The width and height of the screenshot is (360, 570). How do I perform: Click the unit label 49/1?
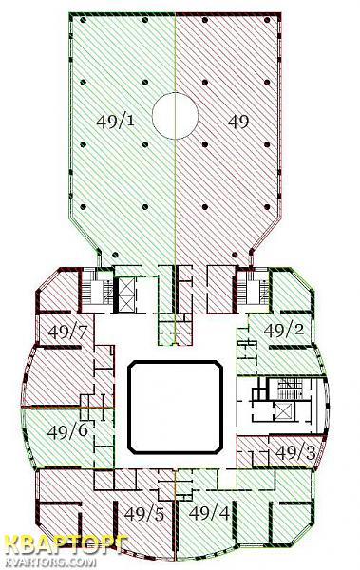pos(115,121)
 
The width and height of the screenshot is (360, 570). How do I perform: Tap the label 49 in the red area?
pos(238,122)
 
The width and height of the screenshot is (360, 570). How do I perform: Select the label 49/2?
pos(284,330)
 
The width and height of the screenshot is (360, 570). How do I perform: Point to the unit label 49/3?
pos(295,452)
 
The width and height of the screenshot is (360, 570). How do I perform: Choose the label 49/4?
pos(210,513)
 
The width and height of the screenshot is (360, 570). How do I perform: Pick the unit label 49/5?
pos(144,514)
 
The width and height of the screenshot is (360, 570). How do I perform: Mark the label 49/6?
pos(67,431)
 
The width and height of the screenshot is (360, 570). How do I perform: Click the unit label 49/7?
pos(68,332)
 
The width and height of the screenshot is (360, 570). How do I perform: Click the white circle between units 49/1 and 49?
pos(175,116)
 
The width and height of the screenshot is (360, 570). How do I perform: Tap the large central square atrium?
pos(176,407)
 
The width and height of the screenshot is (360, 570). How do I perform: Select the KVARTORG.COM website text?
pos(50,562)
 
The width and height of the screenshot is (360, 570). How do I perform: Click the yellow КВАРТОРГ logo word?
pos(66,545)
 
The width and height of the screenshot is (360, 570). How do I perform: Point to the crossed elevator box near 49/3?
pos(282,411)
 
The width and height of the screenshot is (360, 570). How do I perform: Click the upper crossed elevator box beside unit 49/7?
pos(127,287)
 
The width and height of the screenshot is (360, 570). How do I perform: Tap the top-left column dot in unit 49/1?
pos(83,20)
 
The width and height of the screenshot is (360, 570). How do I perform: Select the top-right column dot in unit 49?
pos(267,20)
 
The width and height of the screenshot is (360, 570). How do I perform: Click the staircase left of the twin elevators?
pos(97,292)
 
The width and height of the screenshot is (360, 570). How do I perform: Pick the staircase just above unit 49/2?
pos(253,292)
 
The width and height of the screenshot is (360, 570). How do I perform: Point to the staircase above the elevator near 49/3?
pos(290,388)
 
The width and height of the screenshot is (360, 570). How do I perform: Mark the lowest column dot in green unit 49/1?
pos(115,255)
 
